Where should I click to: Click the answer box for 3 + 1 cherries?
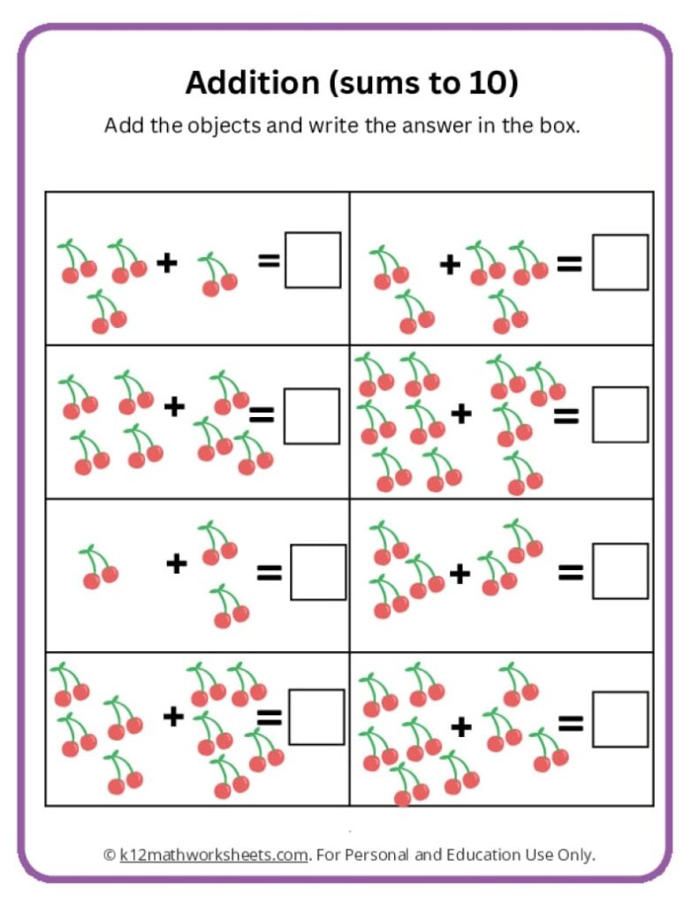click(313, 260)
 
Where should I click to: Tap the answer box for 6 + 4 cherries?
click(619, 414)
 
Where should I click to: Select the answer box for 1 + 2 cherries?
click(318, 572)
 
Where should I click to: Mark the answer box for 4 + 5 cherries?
click(316, 717)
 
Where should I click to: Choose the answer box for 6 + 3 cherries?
click(619, 719)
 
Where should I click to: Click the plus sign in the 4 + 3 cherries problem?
click(175, 406)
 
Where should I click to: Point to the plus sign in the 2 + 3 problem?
click(451, 263)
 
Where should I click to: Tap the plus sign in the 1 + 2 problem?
click(177, 563)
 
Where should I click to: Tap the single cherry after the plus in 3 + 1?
click(217, 275)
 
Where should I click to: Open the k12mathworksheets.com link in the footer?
click(214, 855)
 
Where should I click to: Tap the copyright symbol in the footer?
click(110, 855)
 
